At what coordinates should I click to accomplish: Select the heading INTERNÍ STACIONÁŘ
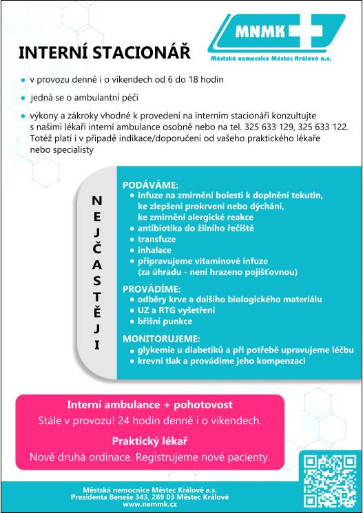pos(103,53)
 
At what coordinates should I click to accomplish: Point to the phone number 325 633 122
pos(324,127)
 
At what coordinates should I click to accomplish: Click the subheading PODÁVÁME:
pos(150,185)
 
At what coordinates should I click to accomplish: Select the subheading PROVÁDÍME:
pos(152,289)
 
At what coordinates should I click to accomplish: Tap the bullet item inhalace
pos(154,250)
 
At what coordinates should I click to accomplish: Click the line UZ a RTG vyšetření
pos(176,311)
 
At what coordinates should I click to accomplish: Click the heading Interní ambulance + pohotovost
pos(149,405)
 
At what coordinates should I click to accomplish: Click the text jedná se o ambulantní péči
pos(83,98)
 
